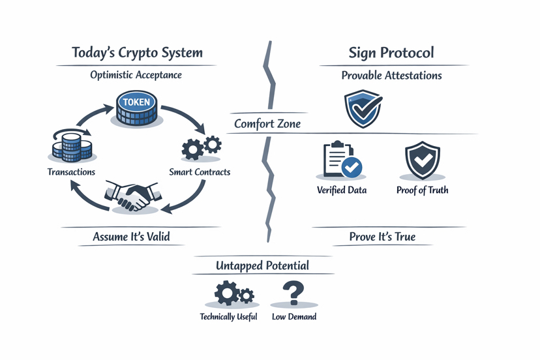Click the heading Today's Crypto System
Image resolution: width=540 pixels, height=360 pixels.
tap(136, 53)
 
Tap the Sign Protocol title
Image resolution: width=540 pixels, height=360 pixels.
tap(391, 53)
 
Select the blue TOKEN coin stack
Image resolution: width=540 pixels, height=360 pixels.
tap(136, 108)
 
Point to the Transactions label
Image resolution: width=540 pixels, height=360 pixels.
tap(71, 172)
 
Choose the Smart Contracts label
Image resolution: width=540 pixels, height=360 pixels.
tap(200, 172)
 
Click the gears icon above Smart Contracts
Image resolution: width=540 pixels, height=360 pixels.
tap(201, 147)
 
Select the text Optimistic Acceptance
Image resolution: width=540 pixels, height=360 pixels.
tap(136, 75)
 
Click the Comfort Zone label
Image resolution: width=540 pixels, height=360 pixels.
tap(267, 123)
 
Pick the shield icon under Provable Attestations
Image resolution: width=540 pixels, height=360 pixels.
tap(363, 109)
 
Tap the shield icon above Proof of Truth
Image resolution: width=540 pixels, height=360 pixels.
tap(422, 160)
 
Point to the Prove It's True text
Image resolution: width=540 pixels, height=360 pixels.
tap(382, 237)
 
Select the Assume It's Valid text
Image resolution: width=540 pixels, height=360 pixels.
tap(131, 237)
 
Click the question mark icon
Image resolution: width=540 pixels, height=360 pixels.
tap(294, 293)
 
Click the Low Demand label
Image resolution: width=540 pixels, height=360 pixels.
tap(294, 317)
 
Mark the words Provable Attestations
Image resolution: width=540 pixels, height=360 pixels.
tap(391, 76)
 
